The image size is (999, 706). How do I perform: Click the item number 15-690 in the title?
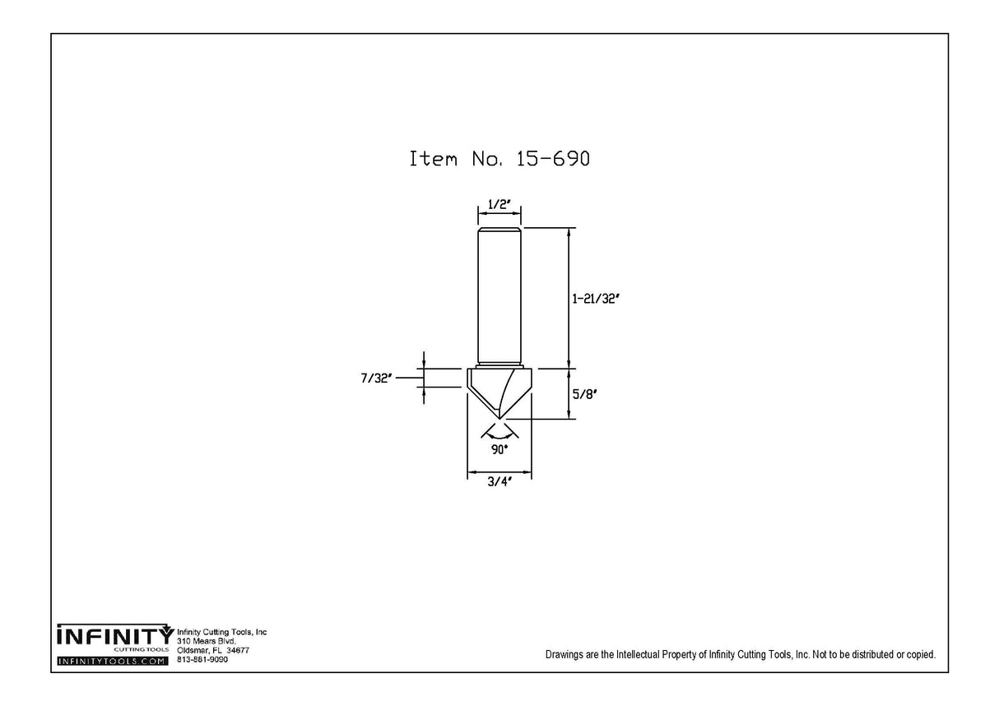pos(553,159)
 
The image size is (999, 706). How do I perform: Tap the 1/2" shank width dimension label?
pos(499,204)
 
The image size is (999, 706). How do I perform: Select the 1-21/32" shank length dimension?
pos(596,299)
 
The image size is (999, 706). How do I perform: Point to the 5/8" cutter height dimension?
pos(585,394)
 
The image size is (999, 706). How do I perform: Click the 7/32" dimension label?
pos(376,379)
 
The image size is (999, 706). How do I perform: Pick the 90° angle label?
pos(499,449)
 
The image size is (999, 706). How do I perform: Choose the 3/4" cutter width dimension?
pos(499,481)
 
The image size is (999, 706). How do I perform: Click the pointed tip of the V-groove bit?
pos(499,419)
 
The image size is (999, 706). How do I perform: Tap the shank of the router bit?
pos(499,296)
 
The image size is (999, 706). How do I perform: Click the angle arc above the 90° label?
pos(499,437)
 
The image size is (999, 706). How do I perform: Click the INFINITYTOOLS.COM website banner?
pos(113,661)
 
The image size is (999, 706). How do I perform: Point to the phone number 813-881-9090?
pos(202,660)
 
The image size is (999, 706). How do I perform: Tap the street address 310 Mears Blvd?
pos(206,641)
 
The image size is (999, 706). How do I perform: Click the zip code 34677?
pos(238,651)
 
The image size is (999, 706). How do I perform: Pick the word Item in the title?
pos(434,159)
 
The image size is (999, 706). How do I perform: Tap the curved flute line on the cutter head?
pos(508,392)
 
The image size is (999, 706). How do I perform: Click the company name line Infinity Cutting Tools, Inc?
pos(221,632)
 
